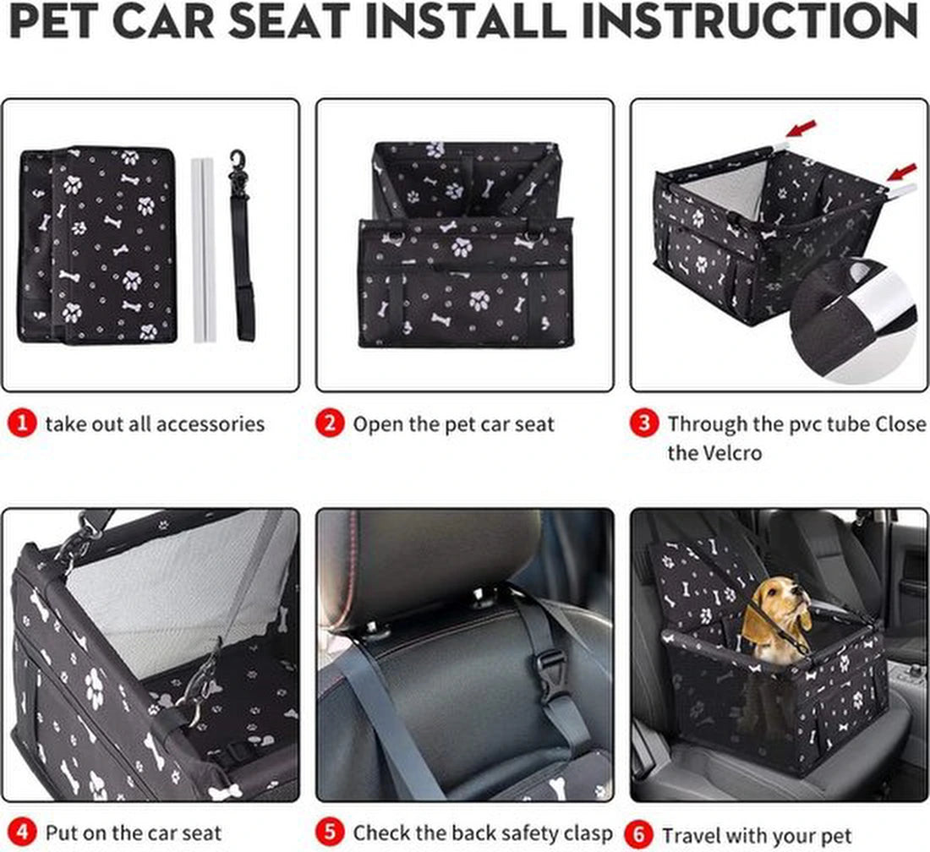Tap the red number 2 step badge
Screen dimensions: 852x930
click(x=331, y=423)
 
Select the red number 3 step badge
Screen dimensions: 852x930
click(x=644, y=423)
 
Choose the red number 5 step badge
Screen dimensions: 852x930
click(x=331, y=833)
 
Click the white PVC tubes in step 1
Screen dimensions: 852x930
click(x=203, y=249)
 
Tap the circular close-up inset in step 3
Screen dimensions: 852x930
click(x=854, y=321)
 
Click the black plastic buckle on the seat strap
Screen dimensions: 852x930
click(x=551, y=675)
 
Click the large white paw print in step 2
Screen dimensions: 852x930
click(x=461, y=247)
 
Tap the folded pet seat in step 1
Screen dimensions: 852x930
click(x=97, y=245)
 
